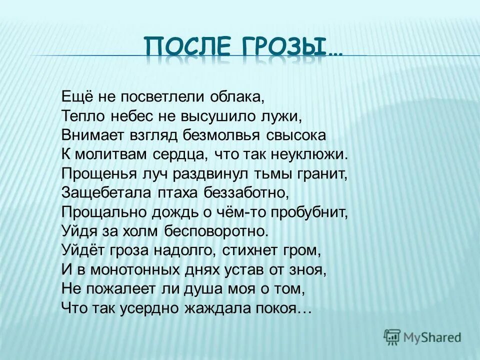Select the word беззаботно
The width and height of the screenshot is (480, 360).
[x=240, y=193]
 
